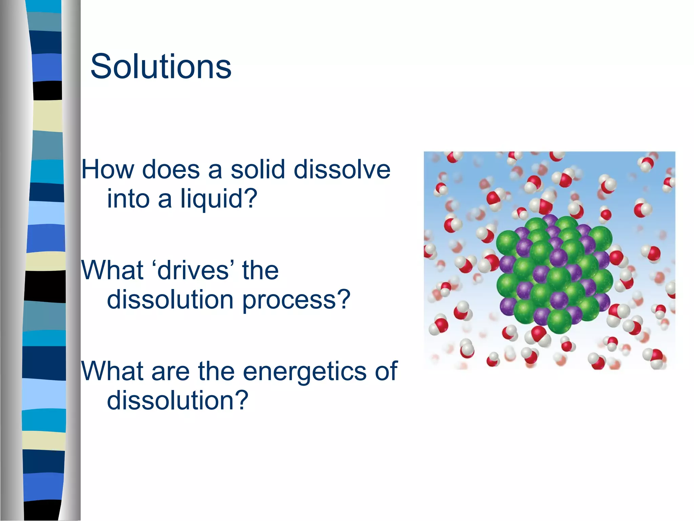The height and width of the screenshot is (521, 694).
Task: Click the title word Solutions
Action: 161,66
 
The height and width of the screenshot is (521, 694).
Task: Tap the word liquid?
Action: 219,198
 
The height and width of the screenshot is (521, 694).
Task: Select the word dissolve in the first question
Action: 342,169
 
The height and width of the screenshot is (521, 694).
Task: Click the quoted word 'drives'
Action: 193,271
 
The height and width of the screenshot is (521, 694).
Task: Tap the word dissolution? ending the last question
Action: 178,401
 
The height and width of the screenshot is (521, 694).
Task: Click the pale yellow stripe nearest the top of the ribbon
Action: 47,116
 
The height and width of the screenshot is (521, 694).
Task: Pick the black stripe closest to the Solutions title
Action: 47,91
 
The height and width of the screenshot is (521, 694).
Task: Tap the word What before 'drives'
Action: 112,271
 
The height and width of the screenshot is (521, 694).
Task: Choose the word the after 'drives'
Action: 260,271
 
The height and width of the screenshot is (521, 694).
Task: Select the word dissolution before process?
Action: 170,300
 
